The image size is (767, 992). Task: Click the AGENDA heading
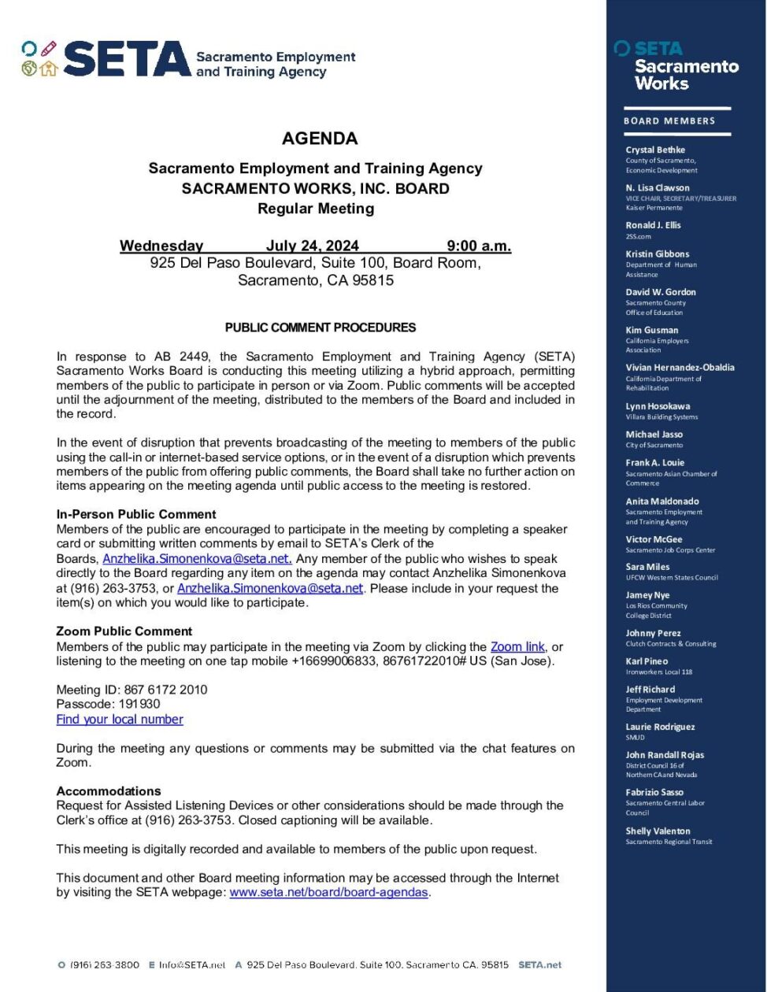[320, 139]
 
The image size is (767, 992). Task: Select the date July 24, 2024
[312, 246]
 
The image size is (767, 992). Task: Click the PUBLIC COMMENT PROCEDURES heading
[321, 328]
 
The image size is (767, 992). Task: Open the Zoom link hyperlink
[517, 647]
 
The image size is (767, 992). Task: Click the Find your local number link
[120, 720]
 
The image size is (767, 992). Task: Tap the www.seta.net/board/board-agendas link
[329, 893]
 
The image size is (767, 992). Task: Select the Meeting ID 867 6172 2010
[132, 690]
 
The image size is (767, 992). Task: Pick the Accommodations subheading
[109, 791]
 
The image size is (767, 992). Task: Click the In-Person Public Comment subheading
[136, 515]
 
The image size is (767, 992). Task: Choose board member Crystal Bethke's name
[655, 150]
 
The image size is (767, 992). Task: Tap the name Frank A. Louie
[655, 463]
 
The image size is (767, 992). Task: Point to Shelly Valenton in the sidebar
[658, 831]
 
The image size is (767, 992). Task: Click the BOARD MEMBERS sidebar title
[669, 121]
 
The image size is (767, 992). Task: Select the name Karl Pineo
[647, 661]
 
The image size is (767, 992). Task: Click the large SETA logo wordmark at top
[126, 60]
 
